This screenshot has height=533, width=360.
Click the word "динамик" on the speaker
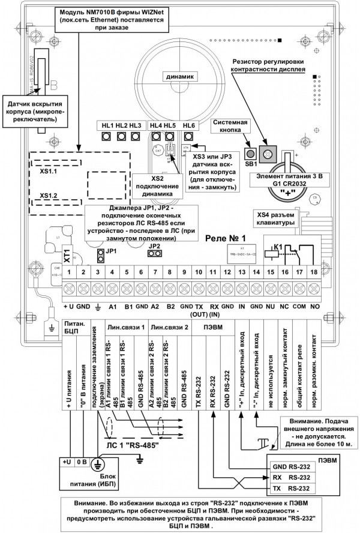click(x=181, y=77)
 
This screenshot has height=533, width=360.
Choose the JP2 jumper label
click(x=155, y=245)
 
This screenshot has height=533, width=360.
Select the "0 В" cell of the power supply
click(x=83, y=463)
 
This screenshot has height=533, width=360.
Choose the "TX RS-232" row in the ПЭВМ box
click(x=293, y=488)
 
